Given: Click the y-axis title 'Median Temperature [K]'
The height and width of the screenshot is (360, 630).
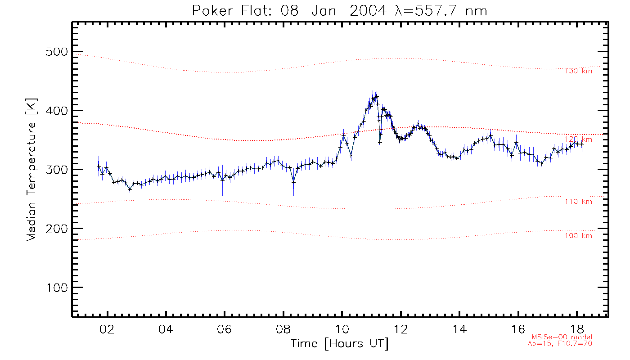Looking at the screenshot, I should pos(31,170).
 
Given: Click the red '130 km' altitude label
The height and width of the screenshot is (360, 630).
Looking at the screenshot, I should pos(578,71).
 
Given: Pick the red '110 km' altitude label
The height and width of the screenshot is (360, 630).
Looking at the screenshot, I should pos(578,202).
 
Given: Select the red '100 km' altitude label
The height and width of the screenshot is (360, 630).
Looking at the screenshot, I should pos(578,236).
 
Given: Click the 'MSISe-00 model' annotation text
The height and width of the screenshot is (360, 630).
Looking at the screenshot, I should pos(562,337).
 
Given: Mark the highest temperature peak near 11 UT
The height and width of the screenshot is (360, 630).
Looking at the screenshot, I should pos(376,96).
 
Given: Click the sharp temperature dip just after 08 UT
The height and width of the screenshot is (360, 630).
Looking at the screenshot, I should pos(293,182).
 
